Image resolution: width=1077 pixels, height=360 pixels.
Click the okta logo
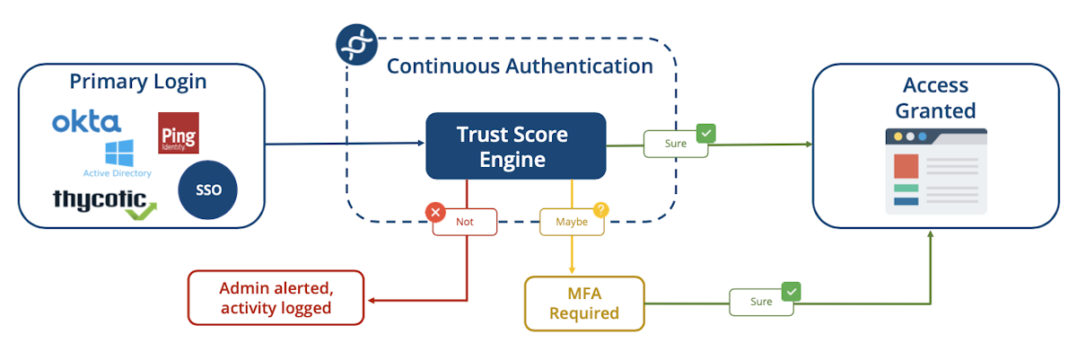[x=86, y=122]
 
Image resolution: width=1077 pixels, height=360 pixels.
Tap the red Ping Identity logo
[x=178, y=133]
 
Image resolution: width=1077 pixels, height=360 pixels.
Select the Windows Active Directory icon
[x=118, y=154]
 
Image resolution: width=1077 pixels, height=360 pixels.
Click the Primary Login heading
[x=138, y=82]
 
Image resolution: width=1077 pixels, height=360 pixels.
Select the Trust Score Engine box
[x=515, y=146]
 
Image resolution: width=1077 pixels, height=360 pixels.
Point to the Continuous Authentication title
[x=520, y=66]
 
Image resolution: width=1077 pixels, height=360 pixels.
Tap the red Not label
[x=464, y=221]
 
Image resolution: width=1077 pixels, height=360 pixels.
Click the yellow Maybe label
[x=571, y=221]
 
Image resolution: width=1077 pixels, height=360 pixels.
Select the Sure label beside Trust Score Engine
[x=675, y=144]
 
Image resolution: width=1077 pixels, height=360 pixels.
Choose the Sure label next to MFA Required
[x=761, y=302]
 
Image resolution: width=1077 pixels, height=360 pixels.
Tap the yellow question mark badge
[x=600, y=210]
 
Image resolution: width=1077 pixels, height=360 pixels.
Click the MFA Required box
[x=584, y=303]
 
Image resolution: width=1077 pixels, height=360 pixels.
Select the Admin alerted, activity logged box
[x=276, y=297]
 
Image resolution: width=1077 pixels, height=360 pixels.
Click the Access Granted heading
[x=935, y=98]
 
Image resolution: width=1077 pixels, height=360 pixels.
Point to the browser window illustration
[x=935, y=171]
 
